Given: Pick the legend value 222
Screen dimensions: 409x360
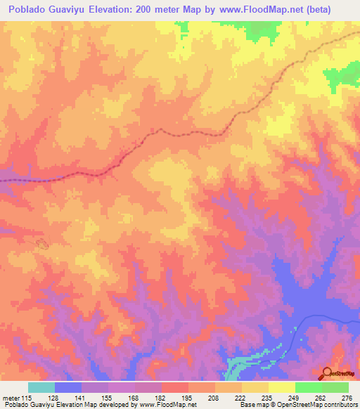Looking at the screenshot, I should point(241,398).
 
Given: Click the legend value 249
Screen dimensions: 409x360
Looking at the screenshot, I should point(295,398).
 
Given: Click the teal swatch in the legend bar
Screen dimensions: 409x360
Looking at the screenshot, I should point(41,387).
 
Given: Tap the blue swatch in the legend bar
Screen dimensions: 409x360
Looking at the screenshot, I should point(68,387).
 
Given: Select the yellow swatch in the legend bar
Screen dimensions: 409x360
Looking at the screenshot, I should point(281,387).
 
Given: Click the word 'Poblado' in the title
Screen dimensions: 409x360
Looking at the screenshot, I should point(29,10).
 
